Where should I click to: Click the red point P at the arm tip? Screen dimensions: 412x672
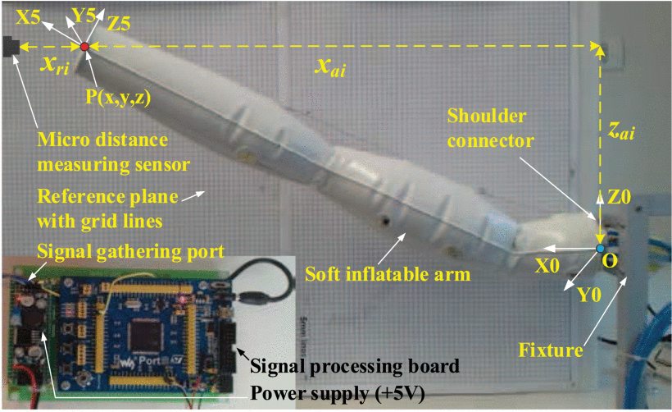(84, 47)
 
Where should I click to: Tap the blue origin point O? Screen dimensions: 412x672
(601, 248)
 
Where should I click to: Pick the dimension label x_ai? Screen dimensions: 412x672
(330, 70)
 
